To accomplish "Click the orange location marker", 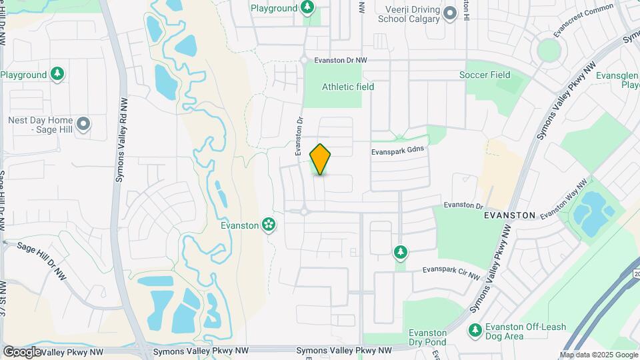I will tap(321, 159).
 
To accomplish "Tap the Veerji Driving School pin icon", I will tap(450, 13).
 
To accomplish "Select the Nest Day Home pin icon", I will tap(83, 124).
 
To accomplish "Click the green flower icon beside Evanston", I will tap(269, 225).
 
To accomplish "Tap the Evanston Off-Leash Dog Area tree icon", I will tap(475, 330).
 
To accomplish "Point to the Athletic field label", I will tap(348, 87).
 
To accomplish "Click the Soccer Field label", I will tap(485, 75).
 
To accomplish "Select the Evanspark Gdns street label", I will tap(398, 152).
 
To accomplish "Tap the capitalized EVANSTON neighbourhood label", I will tap(510, 215).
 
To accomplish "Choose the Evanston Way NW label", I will tap(565, 199).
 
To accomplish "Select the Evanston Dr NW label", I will tap(341, 60).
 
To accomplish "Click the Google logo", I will tap(21, 351).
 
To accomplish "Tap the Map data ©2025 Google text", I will tap(598, 355).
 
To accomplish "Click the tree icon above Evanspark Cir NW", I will tap(400, 252).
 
